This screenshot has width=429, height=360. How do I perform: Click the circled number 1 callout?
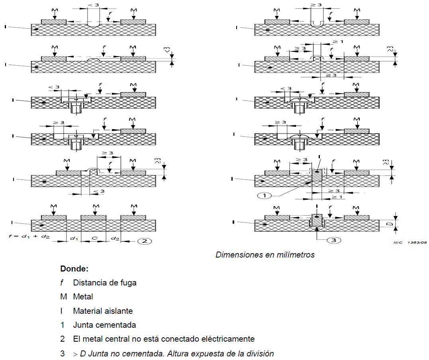point(264,195)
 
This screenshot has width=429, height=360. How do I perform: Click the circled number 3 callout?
point(333,240)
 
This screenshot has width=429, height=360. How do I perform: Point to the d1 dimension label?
point(74,238)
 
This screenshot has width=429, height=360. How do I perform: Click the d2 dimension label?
point(115,238)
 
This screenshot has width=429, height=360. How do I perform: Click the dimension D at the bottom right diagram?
point(392,224)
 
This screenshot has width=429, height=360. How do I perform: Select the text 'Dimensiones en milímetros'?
point(265,255)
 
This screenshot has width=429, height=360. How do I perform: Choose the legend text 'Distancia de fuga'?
point(105,283)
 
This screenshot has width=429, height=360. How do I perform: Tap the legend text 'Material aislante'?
point(103,311)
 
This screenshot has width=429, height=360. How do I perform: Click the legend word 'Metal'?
point(83,297)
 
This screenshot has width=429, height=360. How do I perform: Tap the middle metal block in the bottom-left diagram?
point(93,217)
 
